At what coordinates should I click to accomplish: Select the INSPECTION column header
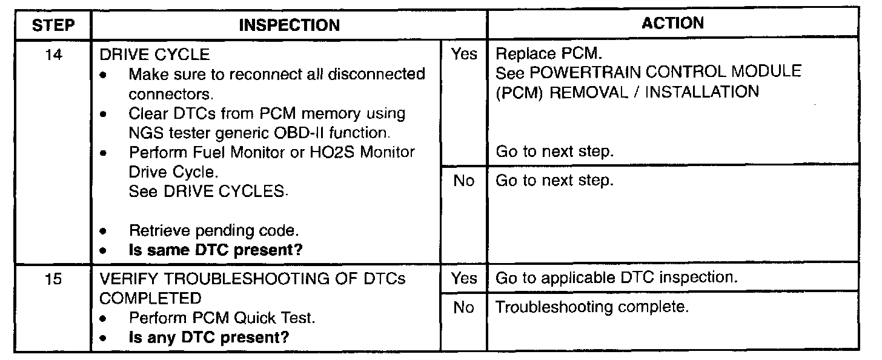(x=289, y=25)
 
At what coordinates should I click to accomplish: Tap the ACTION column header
(x=672, y=23)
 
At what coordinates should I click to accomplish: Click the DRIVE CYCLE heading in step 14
(x=154, y=55)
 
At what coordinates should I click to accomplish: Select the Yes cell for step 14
(x=464, y=55)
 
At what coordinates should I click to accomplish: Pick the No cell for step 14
(x=464, y=181)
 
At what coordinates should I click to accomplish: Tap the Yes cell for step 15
(x=464, y=278)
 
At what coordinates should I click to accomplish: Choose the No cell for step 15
(x=464, y=308)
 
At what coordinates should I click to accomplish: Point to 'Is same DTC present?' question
(x=216, y=250)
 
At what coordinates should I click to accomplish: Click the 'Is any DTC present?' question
(x=209, y=337)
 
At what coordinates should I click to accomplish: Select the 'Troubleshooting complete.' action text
(x=592, y=307)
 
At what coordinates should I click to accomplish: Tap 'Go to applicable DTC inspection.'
(x=616, y=278)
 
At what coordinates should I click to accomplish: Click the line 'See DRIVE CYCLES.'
(x=207, y=191)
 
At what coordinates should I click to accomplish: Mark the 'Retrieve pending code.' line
(x=214, y=231)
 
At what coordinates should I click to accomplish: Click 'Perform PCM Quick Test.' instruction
(x=222, y=318)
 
